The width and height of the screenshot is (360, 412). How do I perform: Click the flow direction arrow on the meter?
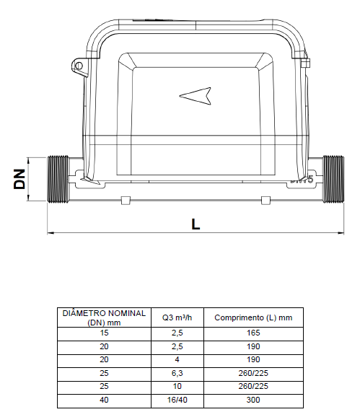(196, 96)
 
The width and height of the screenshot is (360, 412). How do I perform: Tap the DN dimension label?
(19, 179)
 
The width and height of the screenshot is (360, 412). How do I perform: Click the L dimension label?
(196, 224)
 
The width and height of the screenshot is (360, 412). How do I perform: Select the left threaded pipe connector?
(58, 179)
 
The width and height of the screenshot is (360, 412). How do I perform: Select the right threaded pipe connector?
(333, 179)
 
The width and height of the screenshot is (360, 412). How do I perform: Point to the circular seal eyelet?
(79, 66)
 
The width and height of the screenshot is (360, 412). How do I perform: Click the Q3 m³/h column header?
(177, 317)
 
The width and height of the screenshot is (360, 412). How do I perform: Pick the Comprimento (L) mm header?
(253, 317)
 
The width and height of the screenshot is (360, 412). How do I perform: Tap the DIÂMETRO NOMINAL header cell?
(104, 317)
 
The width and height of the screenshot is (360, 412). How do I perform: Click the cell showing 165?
(253, 333)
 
